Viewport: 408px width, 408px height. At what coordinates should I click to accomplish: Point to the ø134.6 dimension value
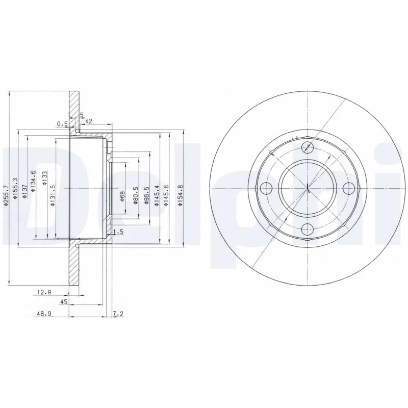(33, 181)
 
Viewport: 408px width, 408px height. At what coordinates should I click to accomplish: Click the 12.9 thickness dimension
(45, 293)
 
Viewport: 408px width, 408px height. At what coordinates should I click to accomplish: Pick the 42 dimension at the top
(88, 121)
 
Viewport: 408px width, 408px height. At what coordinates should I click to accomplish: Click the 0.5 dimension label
(62, 123)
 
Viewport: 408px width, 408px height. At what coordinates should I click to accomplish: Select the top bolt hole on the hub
(308, 148)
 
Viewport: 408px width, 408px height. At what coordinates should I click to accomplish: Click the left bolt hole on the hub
(267, 188)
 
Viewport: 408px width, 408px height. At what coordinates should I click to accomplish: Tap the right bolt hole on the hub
(348, 188)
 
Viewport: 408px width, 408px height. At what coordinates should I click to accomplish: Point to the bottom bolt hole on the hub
(308, 229)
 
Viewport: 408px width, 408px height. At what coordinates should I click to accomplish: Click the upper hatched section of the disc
(74, 110)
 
